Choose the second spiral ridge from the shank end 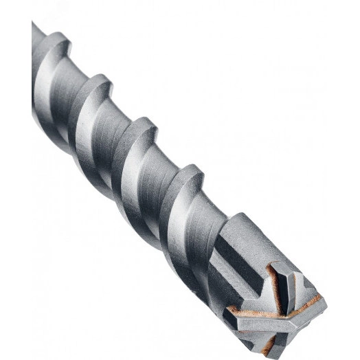coord(96,89)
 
